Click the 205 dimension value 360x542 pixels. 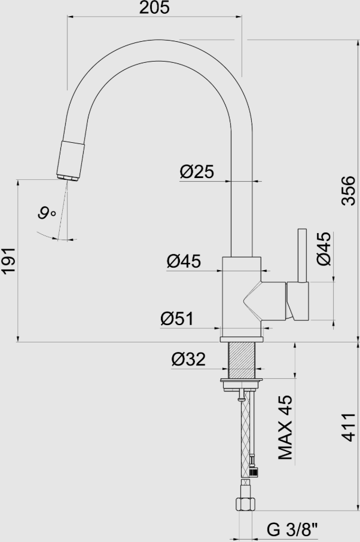pos(154,8)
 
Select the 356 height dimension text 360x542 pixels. pos(348,191)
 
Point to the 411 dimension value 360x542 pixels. pos(348,427)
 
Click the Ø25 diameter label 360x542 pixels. pos(196,172)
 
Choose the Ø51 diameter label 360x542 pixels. pos(177,319)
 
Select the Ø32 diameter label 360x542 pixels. pos(188,359)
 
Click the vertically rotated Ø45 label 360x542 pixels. pos(324,249)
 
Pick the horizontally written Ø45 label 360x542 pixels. pos(184,261)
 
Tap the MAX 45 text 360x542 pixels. pos(286,427)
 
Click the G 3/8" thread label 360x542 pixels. pos(292,529)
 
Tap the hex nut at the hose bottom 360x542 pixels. pos(245,502)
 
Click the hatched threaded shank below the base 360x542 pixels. pos(242,360)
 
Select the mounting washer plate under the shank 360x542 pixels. pos(242,380)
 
